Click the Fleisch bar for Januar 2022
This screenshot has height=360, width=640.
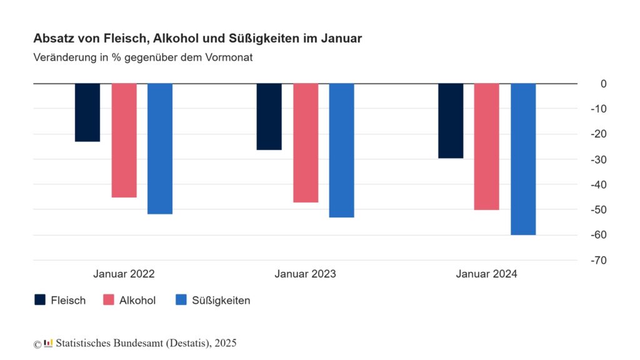click(x=87, y=112)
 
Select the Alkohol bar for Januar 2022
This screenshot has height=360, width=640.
click(x=124, y=140)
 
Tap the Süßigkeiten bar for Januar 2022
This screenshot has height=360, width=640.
click(x=160, y=149)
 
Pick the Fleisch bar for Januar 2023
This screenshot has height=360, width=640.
click(x=269, y=116)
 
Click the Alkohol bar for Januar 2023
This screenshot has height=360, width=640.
click(x=306, y=142)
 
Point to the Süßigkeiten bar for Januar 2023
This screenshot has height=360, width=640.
click(x=342, y=150)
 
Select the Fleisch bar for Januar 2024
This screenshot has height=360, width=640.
click(x=451, y=121)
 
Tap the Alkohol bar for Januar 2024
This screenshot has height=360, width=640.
click(x=487, y=146)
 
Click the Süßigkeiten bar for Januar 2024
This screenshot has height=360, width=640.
click(x=523, y=159)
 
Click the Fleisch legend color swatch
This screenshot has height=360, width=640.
click(x=40, y=300)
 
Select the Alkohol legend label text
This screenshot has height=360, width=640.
click(x=137, y=301)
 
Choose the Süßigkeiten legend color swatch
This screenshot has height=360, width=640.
click(x=182, y=300)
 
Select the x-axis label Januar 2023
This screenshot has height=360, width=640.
click(x=305, y=274)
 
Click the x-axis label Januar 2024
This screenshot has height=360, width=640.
click(x=487, y=274)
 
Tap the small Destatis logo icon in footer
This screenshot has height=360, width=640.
click(x=48, y=343)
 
